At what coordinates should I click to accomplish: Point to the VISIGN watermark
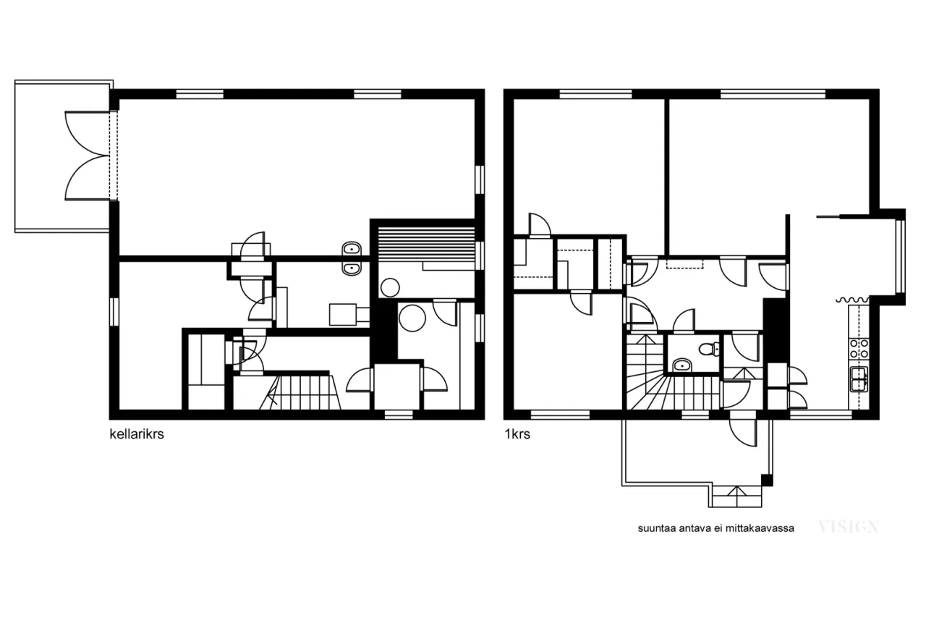pyautogui.click(x=849, y=527)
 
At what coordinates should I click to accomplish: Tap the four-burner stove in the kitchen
pyautogui.click(x=859, y=349)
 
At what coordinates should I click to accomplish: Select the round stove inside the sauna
pyautogui.click(x=390, y=287)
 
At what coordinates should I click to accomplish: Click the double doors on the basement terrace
pyautogui.click(x=88, y=156)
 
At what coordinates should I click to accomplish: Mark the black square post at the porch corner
pyautogui.click(x=767, y=480)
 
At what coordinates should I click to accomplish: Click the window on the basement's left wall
pyautogui.click(x=114, y=311)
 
